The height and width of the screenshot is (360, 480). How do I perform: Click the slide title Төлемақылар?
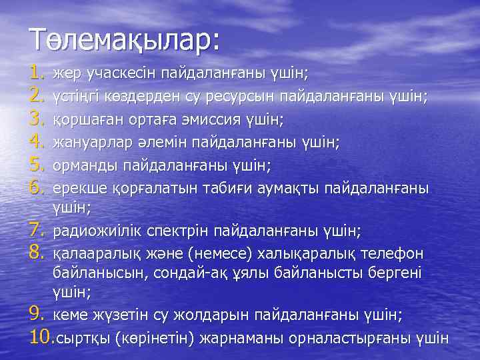click(x=124, y=39)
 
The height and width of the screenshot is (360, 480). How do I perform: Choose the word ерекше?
click(x=75, y=188)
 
